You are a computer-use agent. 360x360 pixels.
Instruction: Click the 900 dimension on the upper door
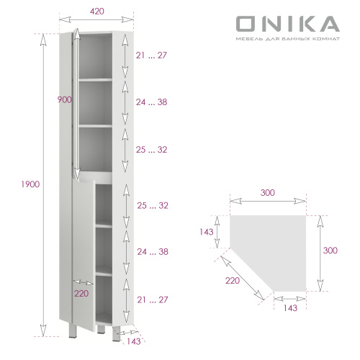pos(66,100)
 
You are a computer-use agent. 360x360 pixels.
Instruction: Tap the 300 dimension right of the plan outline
pos(330,250)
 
